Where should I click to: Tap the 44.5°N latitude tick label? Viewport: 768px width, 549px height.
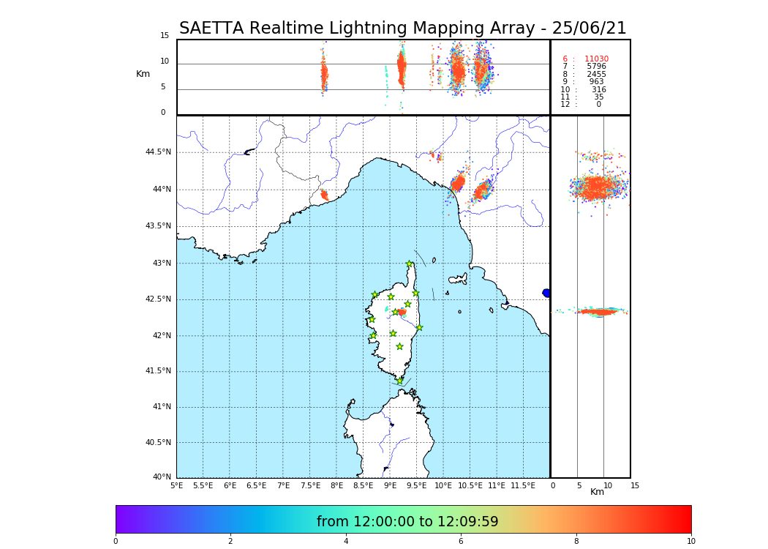(x=158, y=152)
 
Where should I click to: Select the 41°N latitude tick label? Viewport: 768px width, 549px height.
(x=161, y=407)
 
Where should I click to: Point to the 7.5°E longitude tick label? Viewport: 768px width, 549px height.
(x=310, y=485)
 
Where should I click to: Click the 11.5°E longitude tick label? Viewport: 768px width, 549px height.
(x=523, y=485)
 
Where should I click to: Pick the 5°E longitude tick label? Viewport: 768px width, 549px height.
(x=177, y=485)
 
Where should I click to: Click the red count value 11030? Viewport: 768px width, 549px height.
(x=596, y=59)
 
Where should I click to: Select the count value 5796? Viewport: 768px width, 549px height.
(x=596, y=67)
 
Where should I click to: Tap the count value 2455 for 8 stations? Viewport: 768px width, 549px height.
(x=596, y=75)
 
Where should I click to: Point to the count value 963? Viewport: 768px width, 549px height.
(x=596, y=82)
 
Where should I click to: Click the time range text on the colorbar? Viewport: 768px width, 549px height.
(x=407, y=522)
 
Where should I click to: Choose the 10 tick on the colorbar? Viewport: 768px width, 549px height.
(x=691, y=541)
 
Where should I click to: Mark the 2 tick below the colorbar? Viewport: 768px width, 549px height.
(x=230, y=541)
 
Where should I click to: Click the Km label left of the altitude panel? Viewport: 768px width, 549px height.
(x=143, y=74)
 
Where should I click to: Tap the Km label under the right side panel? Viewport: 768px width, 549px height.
(x=597, y=492)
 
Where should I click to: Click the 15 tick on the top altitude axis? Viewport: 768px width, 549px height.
(x=165, y=36)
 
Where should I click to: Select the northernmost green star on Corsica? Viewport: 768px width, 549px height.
(x=410, y=264)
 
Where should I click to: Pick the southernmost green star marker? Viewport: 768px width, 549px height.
(x=399, y=381)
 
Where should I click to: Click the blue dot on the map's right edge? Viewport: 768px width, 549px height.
(x=546, y=293)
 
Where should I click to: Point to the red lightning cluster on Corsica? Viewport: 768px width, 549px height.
(x=401, y=312)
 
